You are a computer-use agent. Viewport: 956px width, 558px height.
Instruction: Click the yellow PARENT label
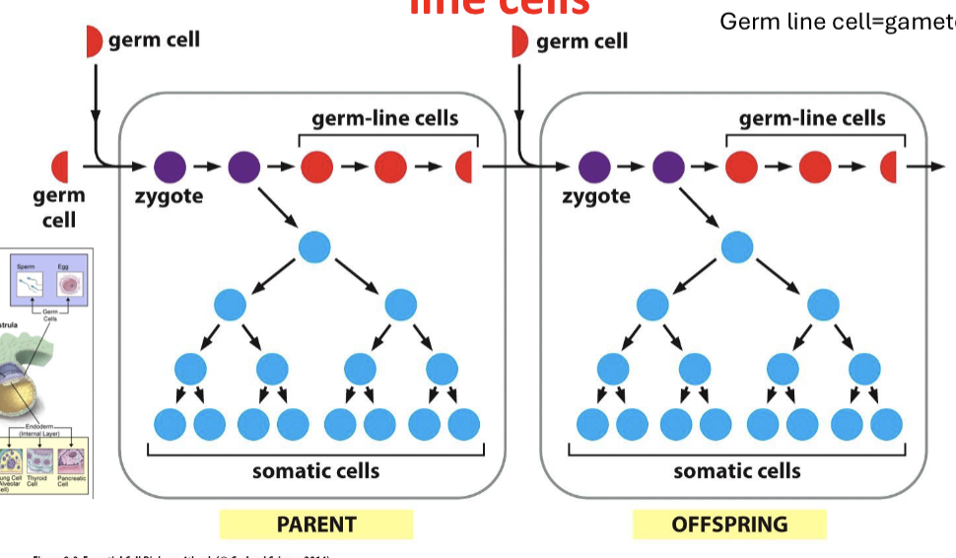315,523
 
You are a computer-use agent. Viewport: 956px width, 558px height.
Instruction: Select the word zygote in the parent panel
169,195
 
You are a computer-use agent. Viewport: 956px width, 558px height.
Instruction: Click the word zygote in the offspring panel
596,195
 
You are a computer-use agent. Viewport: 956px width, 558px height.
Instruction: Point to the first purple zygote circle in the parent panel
171,167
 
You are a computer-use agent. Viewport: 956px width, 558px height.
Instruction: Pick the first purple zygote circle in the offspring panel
594,167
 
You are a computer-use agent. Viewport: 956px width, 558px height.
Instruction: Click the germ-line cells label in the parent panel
384,119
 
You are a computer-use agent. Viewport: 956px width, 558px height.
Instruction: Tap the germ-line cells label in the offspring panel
812,119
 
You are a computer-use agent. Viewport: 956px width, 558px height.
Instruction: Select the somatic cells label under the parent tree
315,470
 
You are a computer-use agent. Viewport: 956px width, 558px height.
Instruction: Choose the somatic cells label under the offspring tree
737,470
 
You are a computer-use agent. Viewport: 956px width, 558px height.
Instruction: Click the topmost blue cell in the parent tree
314,246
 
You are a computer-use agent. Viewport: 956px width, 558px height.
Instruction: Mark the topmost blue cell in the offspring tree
737,246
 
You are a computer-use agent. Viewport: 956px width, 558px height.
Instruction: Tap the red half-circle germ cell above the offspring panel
520,42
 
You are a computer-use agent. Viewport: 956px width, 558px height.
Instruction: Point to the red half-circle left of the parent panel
61,167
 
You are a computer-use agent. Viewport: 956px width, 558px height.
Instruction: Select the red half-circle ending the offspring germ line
888,167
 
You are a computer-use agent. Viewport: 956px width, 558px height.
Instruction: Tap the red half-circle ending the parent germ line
465,167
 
